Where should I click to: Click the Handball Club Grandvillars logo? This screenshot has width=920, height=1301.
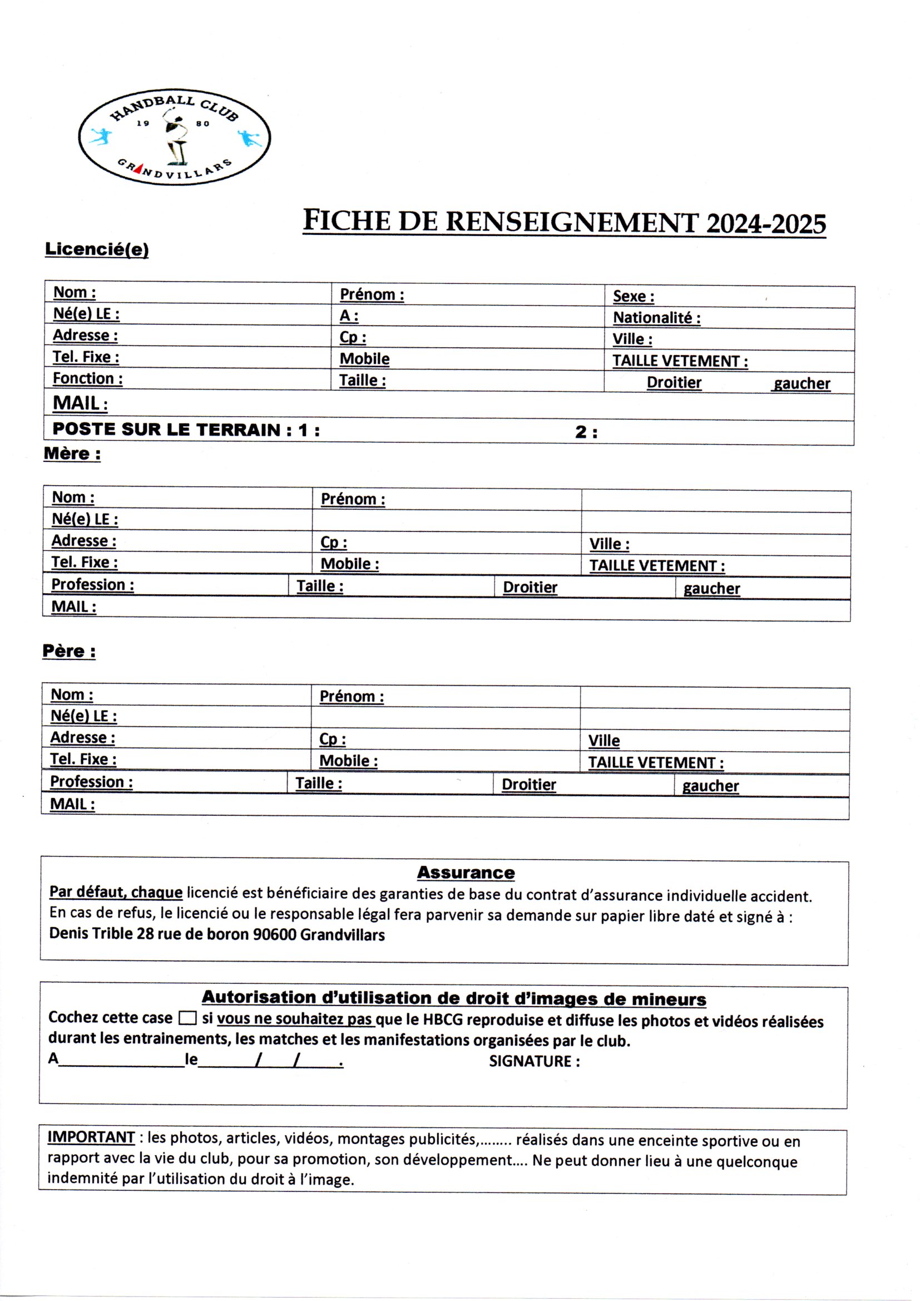click(174, 136)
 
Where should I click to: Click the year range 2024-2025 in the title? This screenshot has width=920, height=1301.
click(766, 224)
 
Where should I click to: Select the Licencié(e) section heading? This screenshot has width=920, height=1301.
click(97, 249)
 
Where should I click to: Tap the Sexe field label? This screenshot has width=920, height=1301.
click(634, 297)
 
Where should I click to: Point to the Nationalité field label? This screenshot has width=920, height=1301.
click(656, 318)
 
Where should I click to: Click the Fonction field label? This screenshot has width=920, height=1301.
click(87, 378)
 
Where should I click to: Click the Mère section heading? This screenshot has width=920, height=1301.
click(72, 454)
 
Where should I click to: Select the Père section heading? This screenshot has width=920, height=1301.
click(69, 651)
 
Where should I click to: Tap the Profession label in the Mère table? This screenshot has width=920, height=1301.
click(92, 584)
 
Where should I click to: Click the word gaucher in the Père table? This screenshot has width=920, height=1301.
click(710, 786)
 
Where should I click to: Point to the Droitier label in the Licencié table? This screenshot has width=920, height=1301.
click(674, 382)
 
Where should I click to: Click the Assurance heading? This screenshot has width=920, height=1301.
click(466, 873)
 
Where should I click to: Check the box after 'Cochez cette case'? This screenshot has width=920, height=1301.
click(187, 1018)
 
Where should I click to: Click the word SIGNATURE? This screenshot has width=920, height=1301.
click(530, 1061)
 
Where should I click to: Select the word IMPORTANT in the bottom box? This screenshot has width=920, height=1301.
click(91, 1137)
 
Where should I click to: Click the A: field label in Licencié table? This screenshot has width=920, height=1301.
click(349, 316)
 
